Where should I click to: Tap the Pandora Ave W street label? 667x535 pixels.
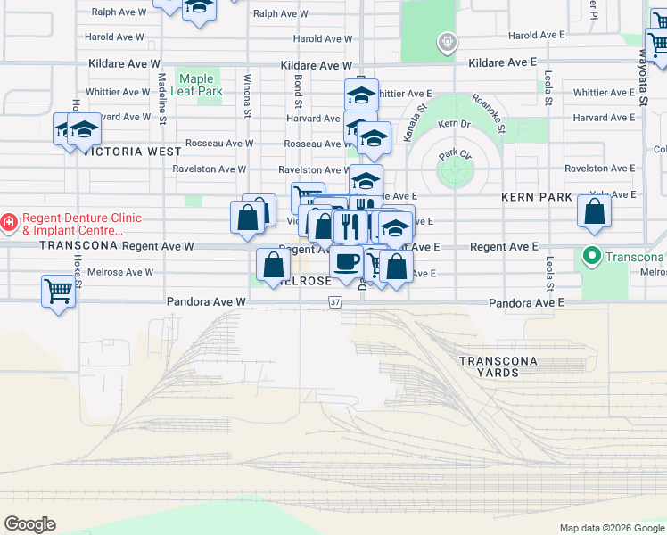coord(205,303)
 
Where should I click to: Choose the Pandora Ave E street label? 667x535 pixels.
coord(526,303)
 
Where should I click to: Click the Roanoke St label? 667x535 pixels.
coord(489,114)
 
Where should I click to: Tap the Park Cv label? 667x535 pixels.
coord(454,155)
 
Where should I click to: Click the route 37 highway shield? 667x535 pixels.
coord(334,303)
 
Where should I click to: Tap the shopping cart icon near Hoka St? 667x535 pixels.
coord(58,290)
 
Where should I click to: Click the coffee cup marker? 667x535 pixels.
coord(346,261)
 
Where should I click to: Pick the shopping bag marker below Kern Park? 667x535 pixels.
coord(594,211)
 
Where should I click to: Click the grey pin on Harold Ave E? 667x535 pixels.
coord(448,41)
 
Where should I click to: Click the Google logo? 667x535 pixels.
coord(29,524)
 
